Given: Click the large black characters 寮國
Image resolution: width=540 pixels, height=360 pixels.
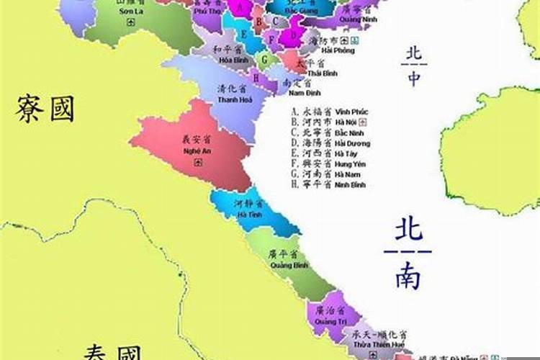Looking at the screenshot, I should point(45,109).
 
